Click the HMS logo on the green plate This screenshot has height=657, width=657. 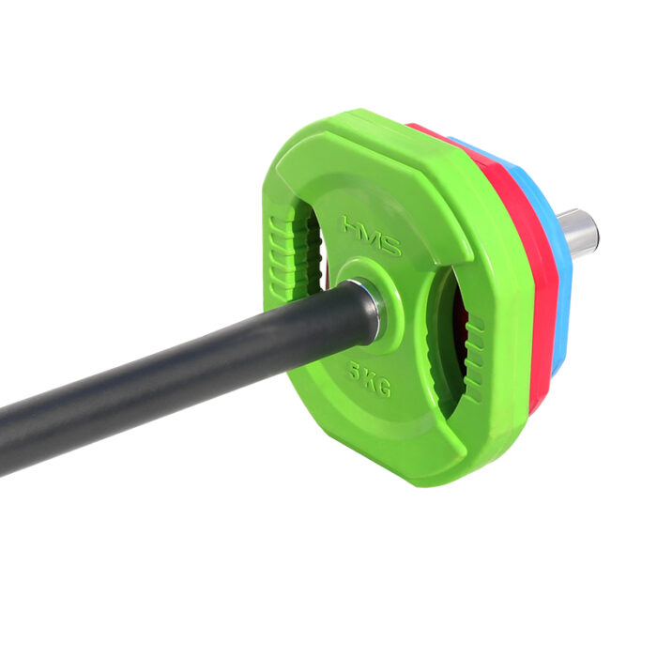click(x=371, y=236)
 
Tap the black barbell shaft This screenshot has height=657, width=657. click(x=169, y=375)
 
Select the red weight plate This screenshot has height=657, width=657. click(x=526, y=282)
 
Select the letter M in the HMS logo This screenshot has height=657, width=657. click(x=371, y=236)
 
